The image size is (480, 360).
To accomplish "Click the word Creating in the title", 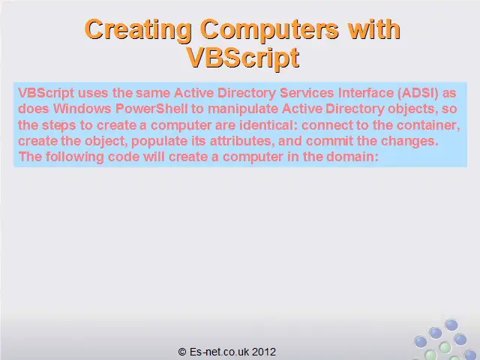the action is [138, 30].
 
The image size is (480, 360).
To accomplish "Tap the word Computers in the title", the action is [269, 30].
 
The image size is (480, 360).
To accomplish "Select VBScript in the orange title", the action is [242, 58].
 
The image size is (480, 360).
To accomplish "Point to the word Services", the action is [307, 93].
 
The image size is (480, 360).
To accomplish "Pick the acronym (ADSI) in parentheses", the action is [418, 93].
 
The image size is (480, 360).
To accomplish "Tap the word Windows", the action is [82, 109].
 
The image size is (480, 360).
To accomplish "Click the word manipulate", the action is [243, 109].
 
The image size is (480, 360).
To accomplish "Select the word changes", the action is [409, 142].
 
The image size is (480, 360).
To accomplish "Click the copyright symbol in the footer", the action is [182, 352].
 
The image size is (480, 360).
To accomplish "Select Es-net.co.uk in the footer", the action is [220, 352].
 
